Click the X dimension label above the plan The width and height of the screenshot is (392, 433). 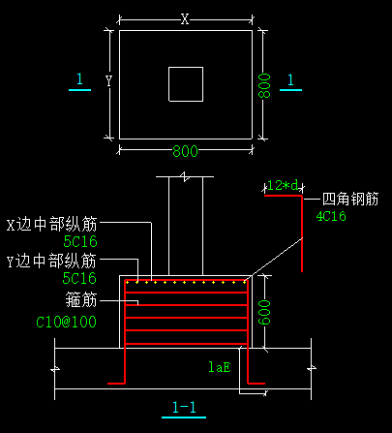pyautogui.click(x=185, y=19)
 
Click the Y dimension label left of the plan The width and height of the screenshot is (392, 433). pyautogui.click(x=109, y=80)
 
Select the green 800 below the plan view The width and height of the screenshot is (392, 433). pyautogui.click(x=185, y=151)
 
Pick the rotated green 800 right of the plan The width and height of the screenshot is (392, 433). pyautogui.click(x=264, y=85)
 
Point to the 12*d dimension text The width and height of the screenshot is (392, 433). pyautogui.click(x=283, y=186)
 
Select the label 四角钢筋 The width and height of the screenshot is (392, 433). pyautogui.click(x=350, y=199)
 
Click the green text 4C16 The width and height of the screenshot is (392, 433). pyautogui.click(x=331, y=216)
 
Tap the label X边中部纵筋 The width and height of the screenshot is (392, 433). pyautogui.click(x=51, y=225)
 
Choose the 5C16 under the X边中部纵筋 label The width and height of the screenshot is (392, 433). pyautogui.click(x=80, y=241)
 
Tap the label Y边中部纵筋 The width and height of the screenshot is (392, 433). pyautogui.click(x=51, y=261)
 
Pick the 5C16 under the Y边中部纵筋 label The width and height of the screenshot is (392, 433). pyautogui.click(x=79, y=278)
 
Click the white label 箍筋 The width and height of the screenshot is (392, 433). pyautogui.click(x=81, y=299)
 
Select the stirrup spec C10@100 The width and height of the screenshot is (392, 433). pyautogui.click(x=66, y=322)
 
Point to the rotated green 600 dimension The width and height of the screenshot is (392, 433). pyautogui.click(x=264, y=312)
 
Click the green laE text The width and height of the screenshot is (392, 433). pyautogui.click(x=220, y=367)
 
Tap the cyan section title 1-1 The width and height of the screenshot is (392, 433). pyautogui.click(x=184, y=408)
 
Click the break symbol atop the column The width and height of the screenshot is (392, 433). pyautogui.click(x=185, y=176)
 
